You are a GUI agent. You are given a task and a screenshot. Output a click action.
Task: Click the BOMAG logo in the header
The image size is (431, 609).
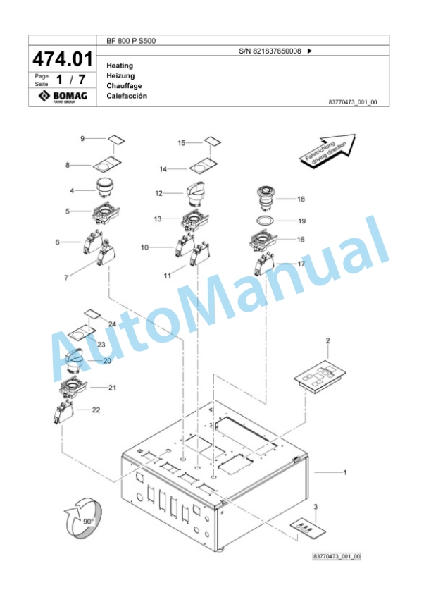[x=63, y=96]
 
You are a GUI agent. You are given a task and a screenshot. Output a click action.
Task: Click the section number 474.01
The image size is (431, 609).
[x=63, y=59]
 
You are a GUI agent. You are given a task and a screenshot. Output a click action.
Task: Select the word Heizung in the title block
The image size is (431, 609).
[x=120, y=75]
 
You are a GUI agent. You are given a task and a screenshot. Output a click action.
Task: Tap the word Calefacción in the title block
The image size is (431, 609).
[x=127, y=96]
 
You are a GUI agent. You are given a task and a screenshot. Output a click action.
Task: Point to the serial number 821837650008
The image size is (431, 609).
[x=277, y=51]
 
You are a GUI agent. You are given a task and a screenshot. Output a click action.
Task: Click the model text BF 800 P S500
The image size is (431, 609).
[x=131, y=41]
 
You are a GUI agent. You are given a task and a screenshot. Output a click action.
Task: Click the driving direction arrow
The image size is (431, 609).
[x=327, y=151]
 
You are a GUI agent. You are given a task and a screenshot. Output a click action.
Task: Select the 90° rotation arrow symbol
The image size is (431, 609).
[x=83, y=518]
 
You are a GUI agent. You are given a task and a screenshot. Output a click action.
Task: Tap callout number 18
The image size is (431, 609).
[x=301, y=199]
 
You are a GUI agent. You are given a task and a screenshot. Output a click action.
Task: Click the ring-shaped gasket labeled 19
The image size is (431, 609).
[x=265, y=221]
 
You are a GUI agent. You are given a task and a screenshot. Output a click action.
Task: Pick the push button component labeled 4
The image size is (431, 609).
[x=104, y=187]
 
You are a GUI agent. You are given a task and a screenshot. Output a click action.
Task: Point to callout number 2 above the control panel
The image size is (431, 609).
[x=327, y=340]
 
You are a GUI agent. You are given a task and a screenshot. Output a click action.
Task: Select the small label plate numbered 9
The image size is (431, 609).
[x=116, y=140]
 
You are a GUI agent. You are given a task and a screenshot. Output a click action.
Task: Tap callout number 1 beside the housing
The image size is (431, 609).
[x=345, y=473]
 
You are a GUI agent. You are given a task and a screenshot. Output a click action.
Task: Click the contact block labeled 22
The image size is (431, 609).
[x=64, y=413]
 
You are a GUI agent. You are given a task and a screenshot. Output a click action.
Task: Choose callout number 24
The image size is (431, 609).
[x=112, y=324]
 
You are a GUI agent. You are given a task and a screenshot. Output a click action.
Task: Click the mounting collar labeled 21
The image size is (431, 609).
[x=73, y=387]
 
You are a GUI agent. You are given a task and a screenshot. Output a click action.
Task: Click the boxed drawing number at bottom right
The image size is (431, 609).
[x=337, y=557]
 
